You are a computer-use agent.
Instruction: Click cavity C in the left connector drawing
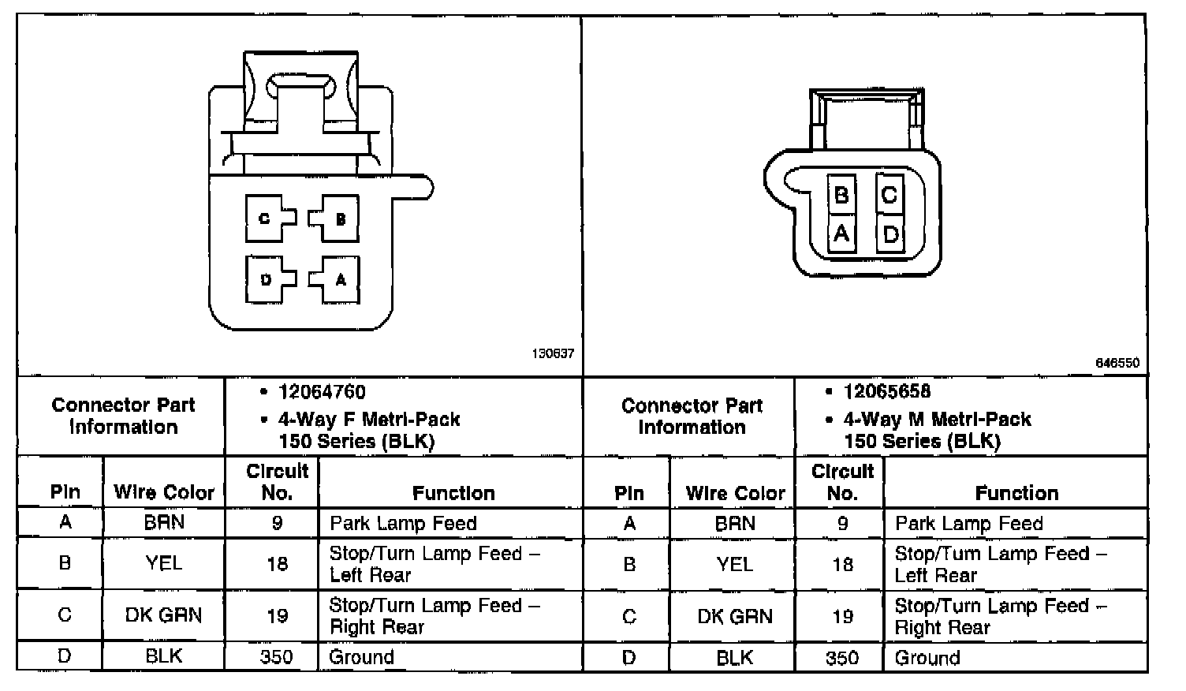pos(265,219)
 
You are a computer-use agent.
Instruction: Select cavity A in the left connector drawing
pos(341,279)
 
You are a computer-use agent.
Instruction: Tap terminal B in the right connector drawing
pos(841,194)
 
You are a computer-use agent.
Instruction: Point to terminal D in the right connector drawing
pos(890,234)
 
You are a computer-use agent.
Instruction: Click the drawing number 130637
pos(554,355)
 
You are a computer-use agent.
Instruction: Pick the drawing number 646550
pos(1118,363)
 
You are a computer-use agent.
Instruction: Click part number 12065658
pos(887,392)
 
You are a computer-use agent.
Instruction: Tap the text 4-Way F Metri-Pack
pos(369,419)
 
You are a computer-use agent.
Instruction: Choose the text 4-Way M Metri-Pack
pos(938,419)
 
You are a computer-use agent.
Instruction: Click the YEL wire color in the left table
pos(164,563)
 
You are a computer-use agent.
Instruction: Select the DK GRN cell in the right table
pos(734,616)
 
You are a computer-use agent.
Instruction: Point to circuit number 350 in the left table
pos(276,657)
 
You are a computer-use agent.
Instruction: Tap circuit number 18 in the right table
pos(842,564)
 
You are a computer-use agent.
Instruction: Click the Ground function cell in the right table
pos(927,658)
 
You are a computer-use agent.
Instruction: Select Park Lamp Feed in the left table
pos(403,523)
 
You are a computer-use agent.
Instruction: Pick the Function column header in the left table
pos(453,493)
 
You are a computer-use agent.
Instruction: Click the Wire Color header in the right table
pos(735,493)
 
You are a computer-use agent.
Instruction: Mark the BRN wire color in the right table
pos(734,523)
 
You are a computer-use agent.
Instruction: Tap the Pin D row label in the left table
pos(65,656)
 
